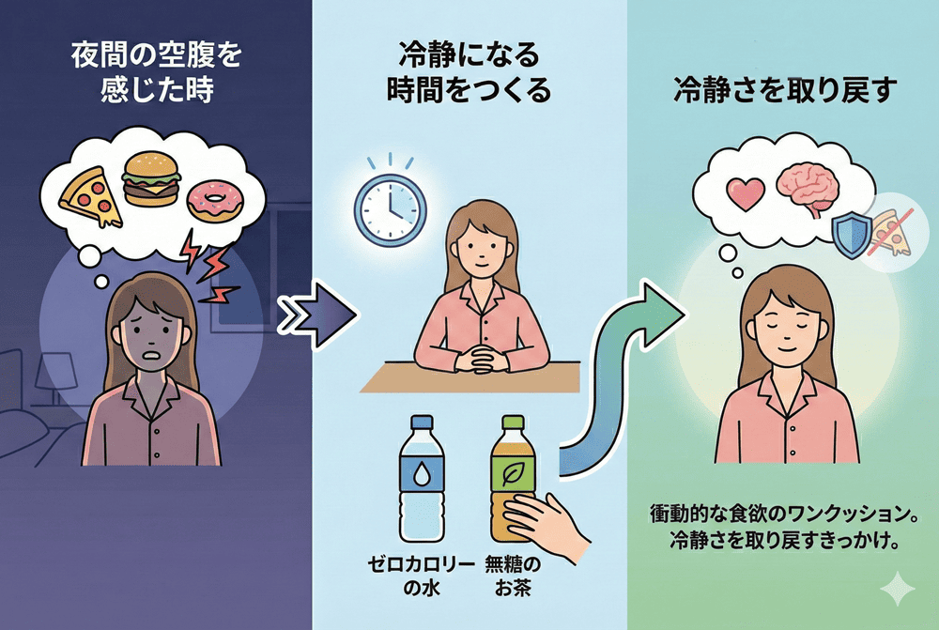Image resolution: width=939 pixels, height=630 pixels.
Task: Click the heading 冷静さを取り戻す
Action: [784, 89]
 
